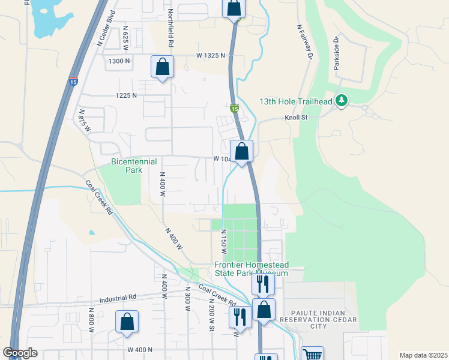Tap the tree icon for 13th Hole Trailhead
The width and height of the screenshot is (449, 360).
342,100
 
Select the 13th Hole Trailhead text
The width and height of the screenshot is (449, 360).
296,101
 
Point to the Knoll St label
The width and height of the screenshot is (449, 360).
296,118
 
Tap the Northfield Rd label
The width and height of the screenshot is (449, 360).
170,28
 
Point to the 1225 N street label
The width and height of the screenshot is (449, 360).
126,95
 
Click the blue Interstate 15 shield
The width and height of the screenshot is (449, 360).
73,82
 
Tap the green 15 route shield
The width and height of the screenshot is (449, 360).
234,109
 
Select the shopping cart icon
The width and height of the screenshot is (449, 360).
312,355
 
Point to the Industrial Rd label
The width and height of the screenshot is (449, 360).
118,296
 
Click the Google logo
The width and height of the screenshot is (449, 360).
20,353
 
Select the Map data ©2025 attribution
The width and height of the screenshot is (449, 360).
423,355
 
